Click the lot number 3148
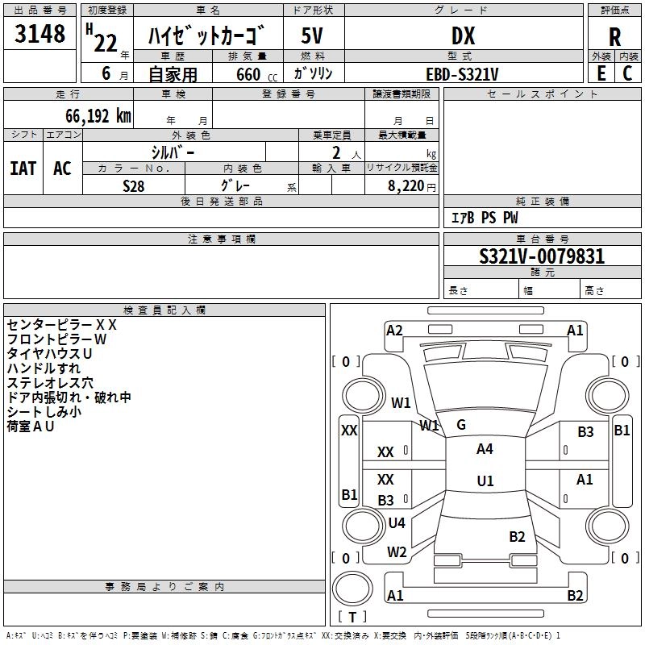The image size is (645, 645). coord(40,35)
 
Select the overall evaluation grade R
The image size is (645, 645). coord(615,38)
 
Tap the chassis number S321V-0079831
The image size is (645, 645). coord(541,257)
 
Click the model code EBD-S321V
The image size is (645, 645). coord(462,74)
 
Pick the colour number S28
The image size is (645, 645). coord(134,185)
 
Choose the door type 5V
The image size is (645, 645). coord(313,36)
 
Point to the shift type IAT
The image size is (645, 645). coord(23,169)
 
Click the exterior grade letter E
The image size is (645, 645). coord(601,73)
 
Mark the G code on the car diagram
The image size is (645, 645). coord(461,425)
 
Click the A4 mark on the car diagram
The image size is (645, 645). coord(485,449)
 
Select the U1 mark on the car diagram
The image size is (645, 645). coord(485,481)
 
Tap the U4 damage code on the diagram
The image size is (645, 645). coord(397,523)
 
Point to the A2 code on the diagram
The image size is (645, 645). coord(394,331)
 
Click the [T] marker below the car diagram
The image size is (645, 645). coord(352,617)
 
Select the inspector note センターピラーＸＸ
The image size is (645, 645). coord(62,325)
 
